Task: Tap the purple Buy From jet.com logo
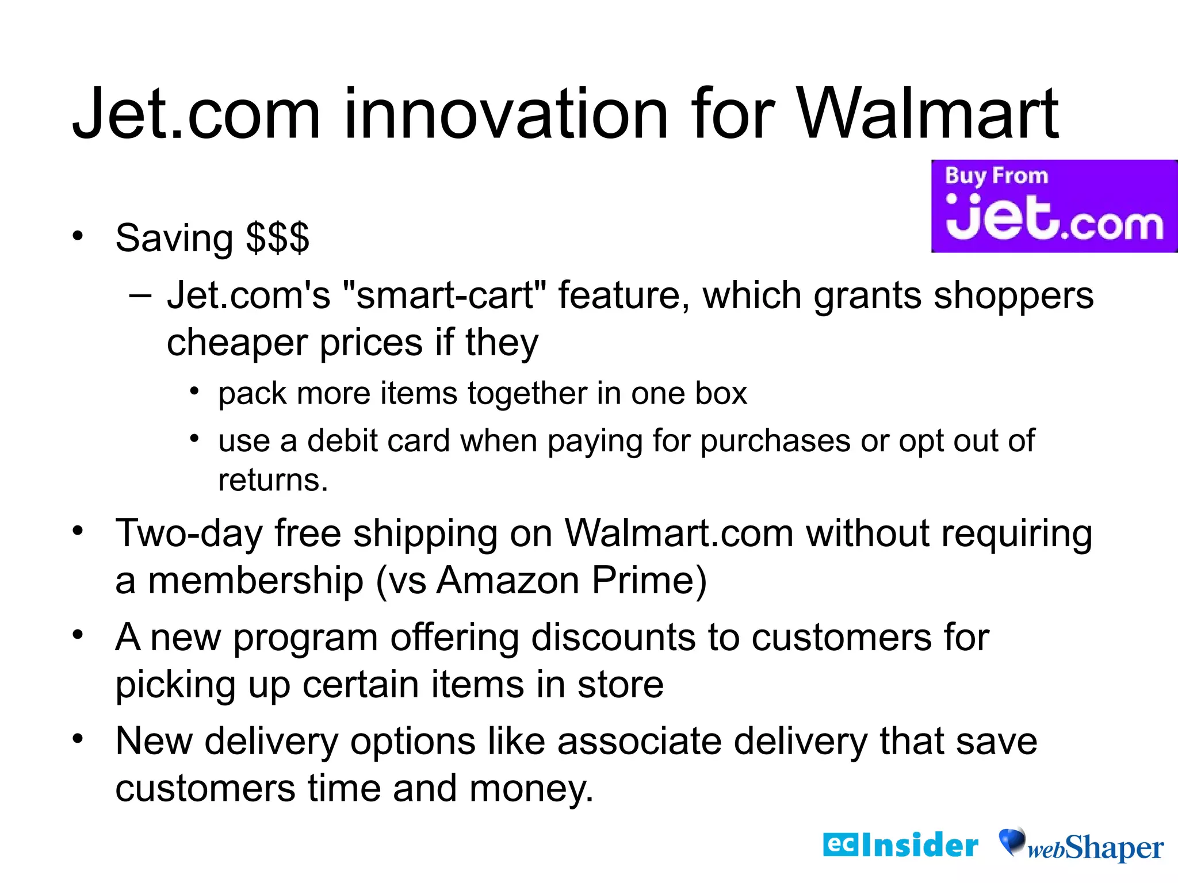pyautogui.click(x=1054, y=206)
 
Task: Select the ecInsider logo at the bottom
pyautogui.click(x=900, y=845)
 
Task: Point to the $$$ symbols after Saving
pyautogui.click(x=277, y=238)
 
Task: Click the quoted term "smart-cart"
pyautogui.click(x=443, y=295)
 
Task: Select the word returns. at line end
pyautogui.click(x=273, y=480)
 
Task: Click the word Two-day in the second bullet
pyautogui.click(x=189, y=533)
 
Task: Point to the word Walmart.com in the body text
pyautogui.click(x=679, y=533)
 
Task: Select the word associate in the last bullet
pyautogui.click(x=638, y=741)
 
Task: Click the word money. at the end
pyautogui.click(x=531, y=788)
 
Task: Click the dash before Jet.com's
pyautogui.click(x=140, y=295)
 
